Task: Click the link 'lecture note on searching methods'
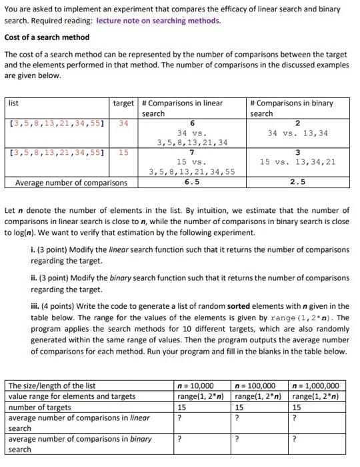coord(158,21)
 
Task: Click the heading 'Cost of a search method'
coord(47,37)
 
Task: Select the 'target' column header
coord(123,103)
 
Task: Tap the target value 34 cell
coord(124,123)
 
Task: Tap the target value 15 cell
coord(124,153)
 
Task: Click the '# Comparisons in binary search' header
coord(291,108)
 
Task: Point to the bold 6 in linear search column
coord(192,123)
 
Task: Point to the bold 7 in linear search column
coord(192,153)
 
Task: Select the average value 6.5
coord(192,182)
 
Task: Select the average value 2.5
coord(298,182)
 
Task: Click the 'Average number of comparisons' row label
coord(71,182)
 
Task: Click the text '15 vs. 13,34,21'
coord(298,162)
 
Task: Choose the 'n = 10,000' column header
coord(195,386)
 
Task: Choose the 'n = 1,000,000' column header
coord(316,386)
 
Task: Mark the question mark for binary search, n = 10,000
coord(179,439)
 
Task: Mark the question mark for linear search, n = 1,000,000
coord(295,418)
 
